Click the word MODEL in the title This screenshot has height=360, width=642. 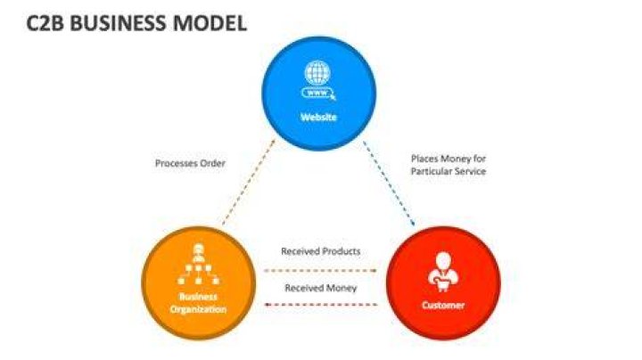(x=210, y=23)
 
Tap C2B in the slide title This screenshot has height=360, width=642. (x=45, y=23)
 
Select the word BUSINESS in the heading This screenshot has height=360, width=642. (x=119, y=23)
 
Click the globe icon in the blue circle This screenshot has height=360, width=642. (x=317, y=73)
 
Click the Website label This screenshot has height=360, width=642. (x=318, y=118)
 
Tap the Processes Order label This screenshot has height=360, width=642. (x=191, y=163)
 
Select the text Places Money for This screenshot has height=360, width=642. (x=449, y=159)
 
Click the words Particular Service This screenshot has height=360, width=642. (x=449, y=171)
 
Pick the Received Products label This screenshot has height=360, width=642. (x=321, y=251)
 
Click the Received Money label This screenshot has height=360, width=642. (x=321, y=288)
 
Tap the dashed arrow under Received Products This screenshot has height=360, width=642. (x=320, y=270)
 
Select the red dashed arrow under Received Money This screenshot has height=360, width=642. (x=321, y=305)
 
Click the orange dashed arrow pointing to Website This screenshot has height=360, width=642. (x=249, y=182)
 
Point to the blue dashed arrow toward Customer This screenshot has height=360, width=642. (x=389, y=184)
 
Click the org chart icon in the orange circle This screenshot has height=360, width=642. (x=199, y=265)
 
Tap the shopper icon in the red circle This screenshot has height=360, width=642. (x=443, y=272)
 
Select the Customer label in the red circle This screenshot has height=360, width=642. (x=443, y=305)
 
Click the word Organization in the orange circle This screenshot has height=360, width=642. (x=198, y=309)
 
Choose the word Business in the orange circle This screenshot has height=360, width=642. (x=198, y=297)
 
